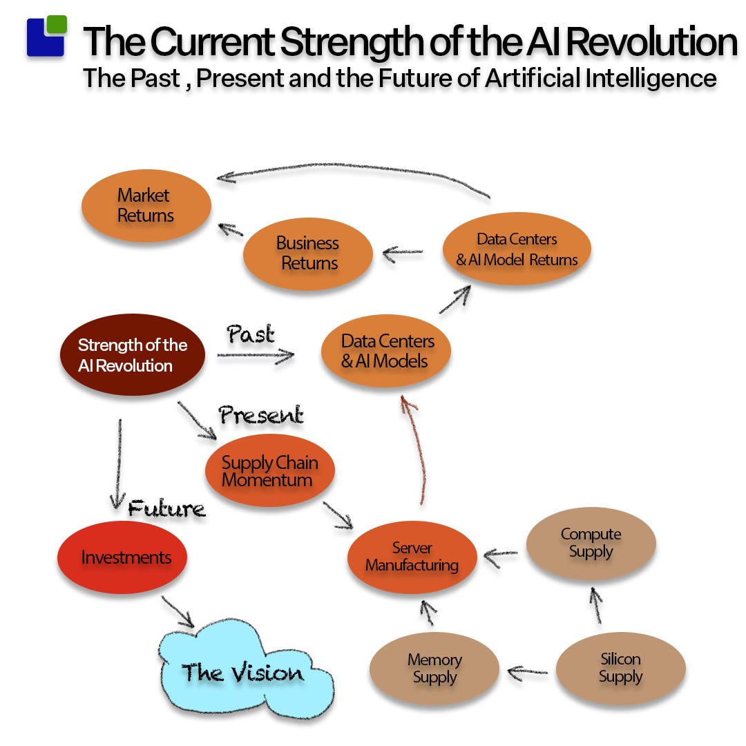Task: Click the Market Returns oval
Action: (x=146, y=205)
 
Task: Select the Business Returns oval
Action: (x=307, y=254)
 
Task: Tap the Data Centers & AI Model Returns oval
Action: (x=517, y=249)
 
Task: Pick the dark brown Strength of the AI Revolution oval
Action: (x=132, y=355)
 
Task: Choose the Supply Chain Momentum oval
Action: (x=269, y=471)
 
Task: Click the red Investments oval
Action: (x=122, y=557)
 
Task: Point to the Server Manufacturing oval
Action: (x=412, y=557)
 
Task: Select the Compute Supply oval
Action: (x=591, y=543)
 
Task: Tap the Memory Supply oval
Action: (x=434, y=669)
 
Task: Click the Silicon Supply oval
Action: (x=620, y=668)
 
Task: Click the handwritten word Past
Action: (x=250, y=334)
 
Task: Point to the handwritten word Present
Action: (x=261, y=415)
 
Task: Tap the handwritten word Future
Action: (x=166, y=509)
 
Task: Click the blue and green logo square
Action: (x=46, y=37)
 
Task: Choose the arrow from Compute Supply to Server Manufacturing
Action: (x=501, y=553)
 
